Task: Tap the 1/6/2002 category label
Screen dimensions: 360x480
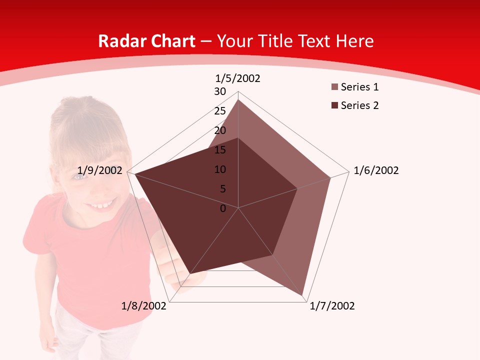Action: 376,170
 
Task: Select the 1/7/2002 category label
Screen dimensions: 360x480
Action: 332,306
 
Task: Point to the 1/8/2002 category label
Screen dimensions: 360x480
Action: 144,306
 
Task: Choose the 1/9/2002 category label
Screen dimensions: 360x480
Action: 100,170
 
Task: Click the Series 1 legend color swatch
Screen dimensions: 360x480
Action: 334,87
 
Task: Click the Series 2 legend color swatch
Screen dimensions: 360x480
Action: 334,105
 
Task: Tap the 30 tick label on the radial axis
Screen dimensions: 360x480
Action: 220,91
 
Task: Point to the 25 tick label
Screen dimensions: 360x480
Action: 220,111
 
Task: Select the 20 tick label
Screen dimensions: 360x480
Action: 220,130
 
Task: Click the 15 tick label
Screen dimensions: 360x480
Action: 220,150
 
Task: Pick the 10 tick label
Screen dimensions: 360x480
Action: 220,169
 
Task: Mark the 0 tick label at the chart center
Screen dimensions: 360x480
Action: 223,208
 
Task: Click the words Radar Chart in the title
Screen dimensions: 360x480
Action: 146,41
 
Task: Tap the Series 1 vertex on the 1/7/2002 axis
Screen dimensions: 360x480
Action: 302,295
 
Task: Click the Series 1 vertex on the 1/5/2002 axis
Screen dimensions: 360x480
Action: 238,100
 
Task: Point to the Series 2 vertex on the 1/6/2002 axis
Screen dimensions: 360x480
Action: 297,188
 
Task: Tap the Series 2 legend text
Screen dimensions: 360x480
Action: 359,105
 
